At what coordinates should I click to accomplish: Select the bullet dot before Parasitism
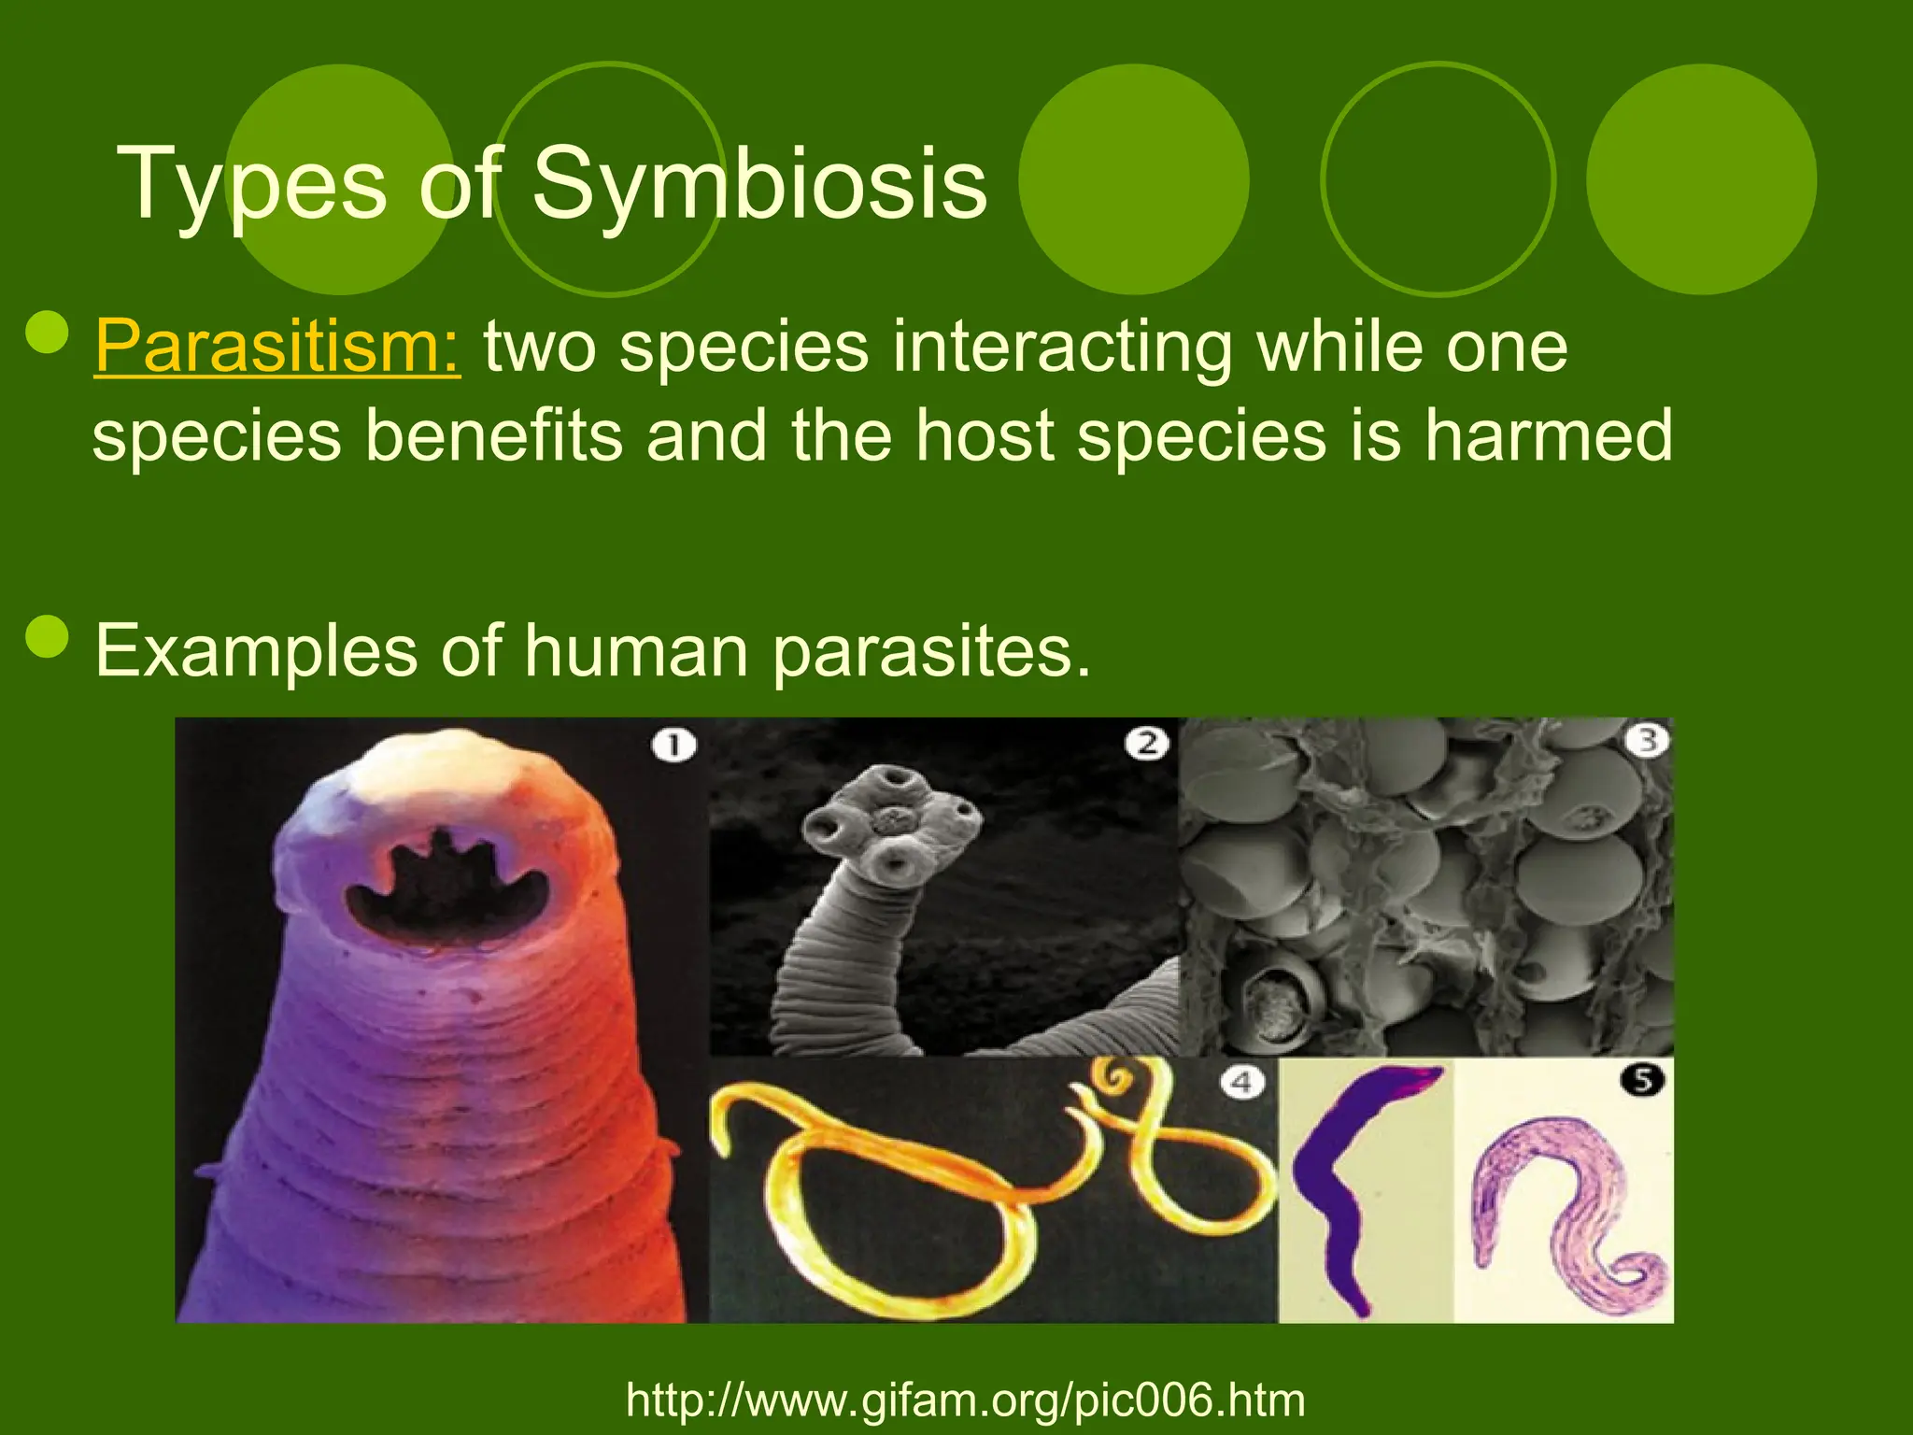pyautogui.click(x=47, y=334)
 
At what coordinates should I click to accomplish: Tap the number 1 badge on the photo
pyautogui.click(x=674, y=746)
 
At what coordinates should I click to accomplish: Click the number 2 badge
pyautogui.click(x=1146, y=744)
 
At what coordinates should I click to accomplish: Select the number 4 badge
pyautogui.click(x=1241, y=1083)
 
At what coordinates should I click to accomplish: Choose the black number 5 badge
pyautogui.click(x=1643, y=1080)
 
